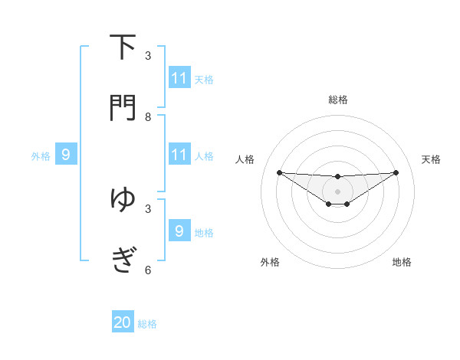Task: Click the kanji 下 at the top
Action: click(123, 47)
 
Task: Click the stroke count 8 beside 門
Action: click(148, 116)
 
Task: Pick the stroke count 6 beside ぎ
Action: click(148, 270)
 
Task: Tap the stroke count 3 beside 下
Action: click(148, 56)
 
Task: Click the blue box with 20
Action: click(123, 322)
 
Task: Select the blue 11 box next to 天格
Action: click(179, 77)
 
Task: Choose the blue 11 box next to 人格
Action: click(179, 155)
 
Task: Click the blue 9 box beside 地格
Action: click(179, 231)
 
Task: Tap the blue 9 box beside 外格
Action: click(66, 155)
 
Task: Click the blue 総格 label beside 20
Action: click(147, 324)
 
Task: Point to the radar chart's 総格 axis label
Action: click(338, 100)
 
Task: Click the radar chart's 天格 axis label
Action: click(432, 159)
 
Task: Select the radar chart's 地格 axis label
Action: click(402, 262)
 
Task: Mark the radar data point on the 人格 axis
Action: click(279, 172)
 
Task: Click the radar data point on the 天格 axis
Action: click(396, 172)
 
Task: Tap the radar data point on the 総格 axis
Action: click(338, 176)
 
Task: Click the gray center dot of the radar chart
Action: click(338, 191)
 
